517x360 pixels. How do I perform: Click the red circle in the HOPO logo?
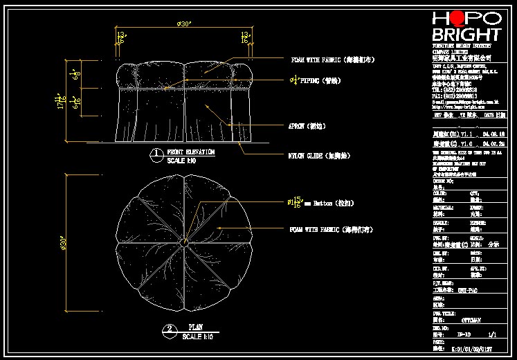[x=460, y=19]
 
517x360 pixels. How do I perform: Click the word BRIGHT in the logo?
[x=466, y=35]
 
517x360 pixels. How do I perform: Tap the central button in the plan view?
[x=184, y=243]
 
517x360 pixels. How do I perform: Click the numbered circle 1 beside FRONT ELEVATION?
[x=158, y=154]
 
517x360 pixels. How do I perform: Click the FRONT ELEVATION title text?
[x=190, y=152]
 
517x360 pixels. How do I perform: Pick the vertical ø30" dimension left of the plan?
[x=63, y=242]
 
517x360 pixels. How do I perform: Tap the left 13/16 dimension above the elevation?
[x=120, y=37]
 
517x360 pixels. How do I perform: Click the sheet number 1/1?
[x=493, y=334]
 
